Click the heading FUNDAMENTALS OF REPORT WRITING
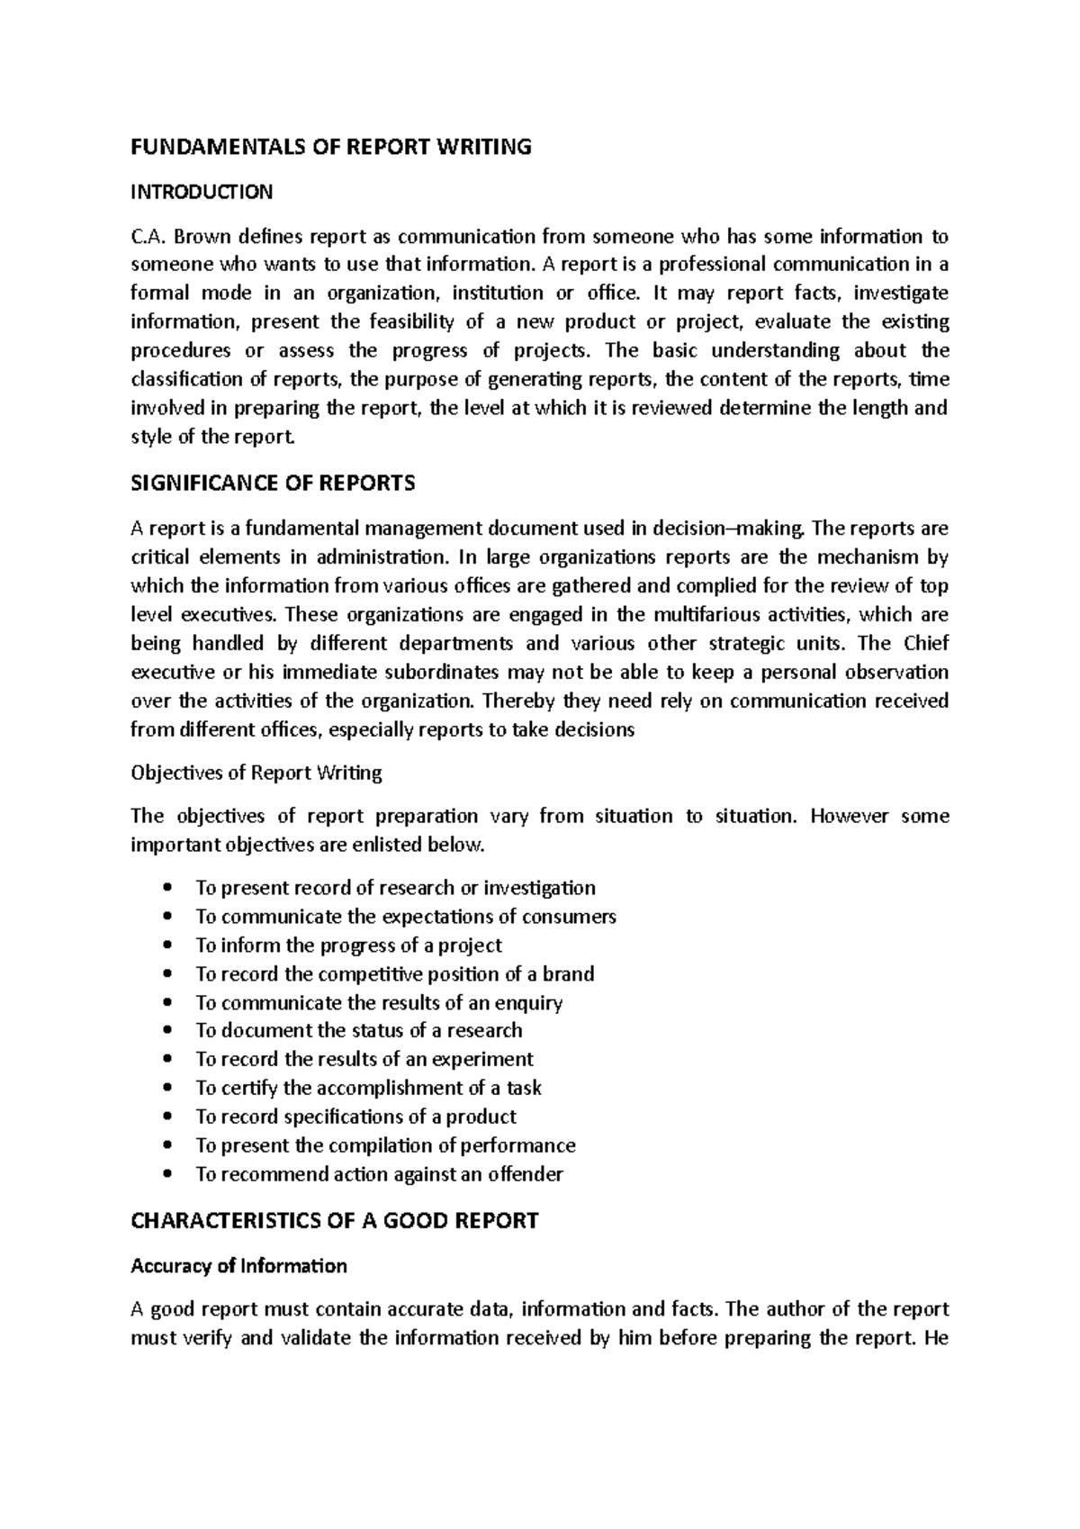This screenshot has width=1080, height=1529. point(331,147)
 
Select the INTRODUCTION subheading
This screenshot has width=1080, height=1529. point(202,192)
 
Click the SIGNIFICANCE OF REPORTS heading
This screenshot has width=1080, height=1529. point(273,484)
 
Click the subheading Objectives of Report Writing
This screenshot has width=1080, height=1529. point(256,773)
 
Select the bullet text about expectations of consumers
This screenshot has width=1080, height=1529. point(406,917)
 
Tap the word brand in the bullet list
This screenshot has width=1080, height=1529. point(568,974)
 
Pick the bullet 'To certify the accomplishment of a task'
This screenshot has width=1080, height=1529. point(368,1088)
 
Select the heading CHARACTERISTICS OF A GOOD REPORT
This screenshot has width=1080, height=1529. point(334,1221)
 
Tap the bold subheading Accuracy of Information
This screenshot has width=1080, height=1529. point(238,1266)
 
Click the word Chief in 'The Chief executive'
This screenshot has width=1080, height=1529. point(926,644)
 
